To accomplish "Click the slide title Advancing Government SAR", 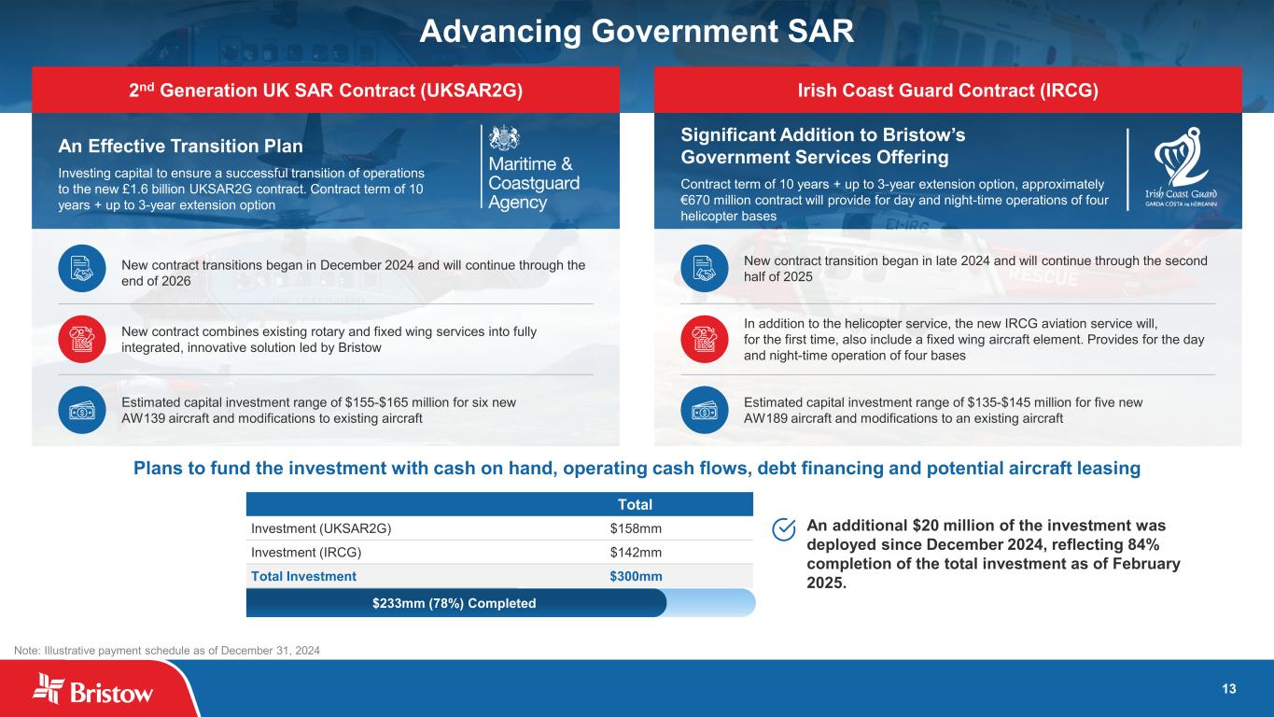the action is click(637, 31).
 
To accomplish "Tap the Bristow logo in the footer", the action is click(92, 689).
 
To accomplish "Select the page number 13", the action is click(1228, 689).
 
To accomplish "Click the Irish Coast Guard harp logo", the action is click(1181, 157).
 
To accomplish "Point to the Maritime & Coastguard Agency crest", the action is click(504, 138).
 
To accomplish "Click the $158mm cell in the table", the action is click(636, 528).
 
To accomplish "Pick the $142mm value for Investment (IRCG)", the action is click(636, 553).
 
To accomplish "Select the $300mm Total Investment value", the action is click(636, 576).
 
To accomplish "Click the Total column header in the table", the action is click(635, 505).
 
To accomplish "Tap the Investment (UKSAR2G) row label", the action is click(321, 528).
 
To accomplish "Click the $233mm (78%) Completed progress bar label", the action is click(454, 603).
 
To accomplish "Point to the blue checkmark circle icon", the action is click(784, 529).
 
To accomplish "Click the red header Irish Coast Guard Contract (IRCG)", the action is click(947, 90).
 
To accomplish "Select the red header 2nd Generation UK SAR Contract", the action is click(326, 90).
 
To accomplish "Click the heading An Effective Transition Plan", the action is click(180, 147).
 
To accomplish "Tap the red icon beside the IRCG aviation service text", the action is click(704, 340).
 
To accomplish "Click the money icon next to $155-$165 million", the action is click(82, 410).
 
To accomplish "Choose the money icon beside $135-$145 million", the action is click(704, 410).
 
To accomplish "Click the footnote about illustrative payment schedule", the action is click(167, 651).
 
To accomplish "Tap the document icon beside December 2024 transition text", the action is click(82, 269).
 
